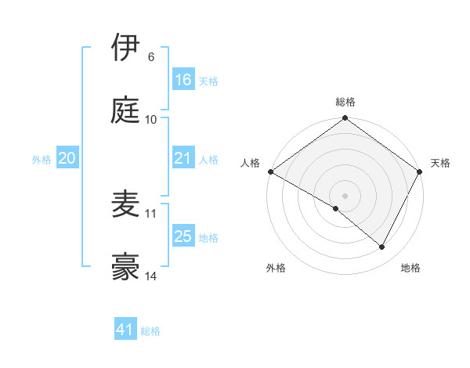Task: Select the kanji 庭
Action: point(125,110)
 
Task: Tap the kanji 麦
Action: point(125,204)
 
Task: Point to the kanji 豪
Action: point(125,268)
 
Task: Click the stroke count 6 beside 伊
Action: point(150,56)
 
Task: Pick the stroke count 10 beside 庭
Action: point(151,120)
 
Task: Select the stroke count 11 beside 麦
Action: point(151,213)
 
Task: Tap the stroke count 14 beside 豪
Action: point(151,276)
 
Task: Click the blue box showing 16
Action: point(183,80)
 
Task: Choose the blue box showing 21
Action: point(183,158)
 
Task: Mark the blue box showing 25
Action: point(183,236)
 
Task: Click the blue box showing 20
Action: point(67,158)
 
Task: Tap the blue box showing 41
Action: point(125,330)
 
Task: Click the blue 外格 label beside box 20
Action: point(42,159)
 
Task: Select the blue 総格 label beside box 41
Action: point(150,331)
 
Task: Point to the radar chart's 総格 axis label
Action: point(345,102)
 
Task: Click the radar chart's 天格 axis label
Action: point(441,163)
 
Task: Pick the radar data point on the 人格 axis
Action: point(270,171)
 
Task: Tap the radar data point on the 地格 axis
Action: point(382,247)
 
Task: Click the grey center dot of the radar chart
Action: point(345,195)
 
